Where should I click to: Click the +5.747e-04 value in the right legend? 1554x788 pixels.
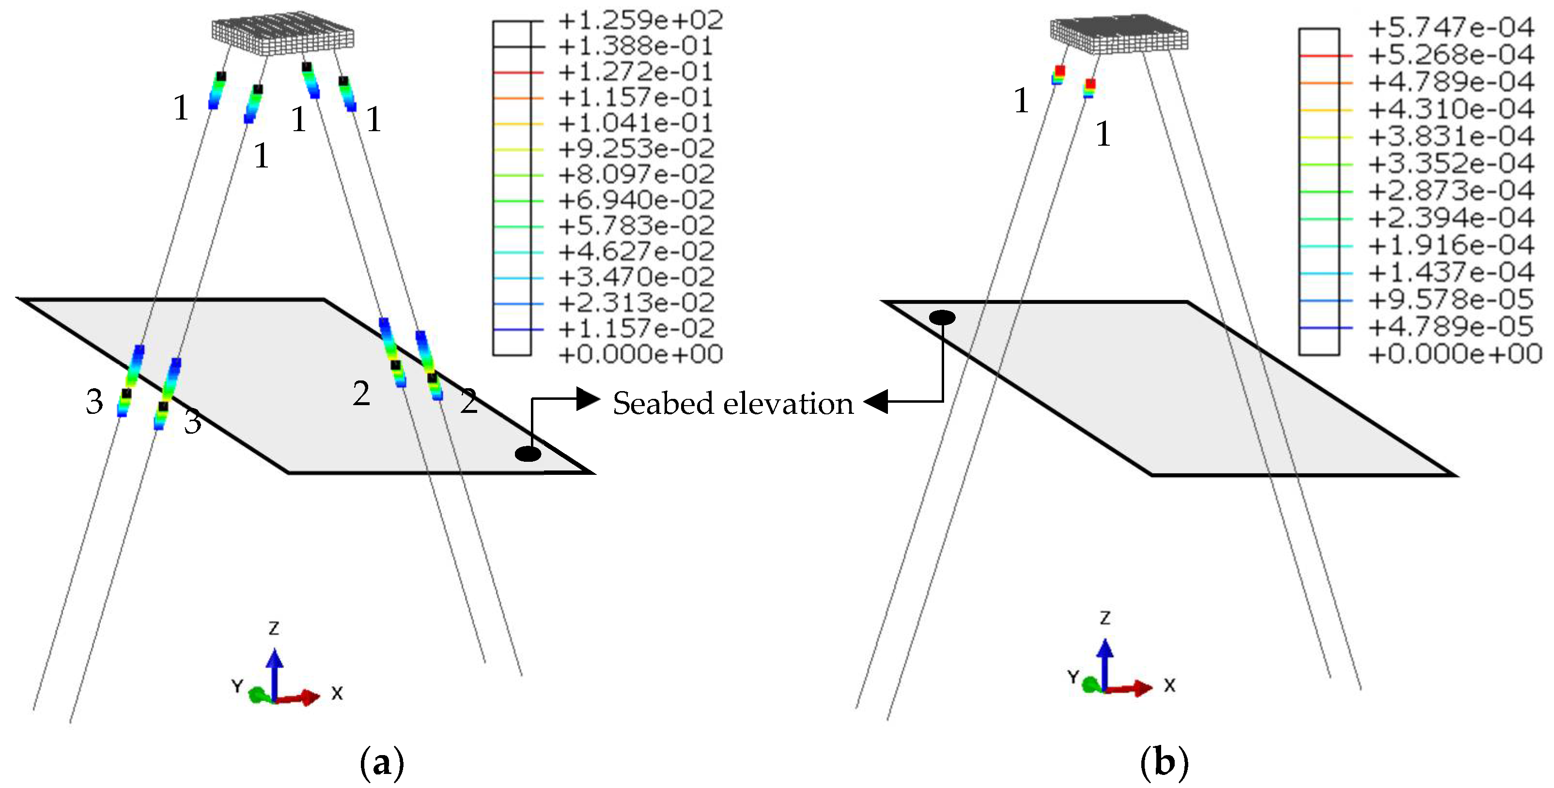[x=1450, y=28]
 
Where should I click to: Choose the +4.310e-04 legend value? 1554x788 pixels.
[x=1450, y=109]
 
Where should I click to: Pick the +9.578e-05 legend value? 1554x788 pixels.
[x=1450, y=300]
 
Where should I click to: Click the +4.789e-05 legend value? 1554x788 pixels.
[x=1450, y=327]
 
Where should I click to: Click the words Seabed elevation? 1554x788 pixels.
[x=733, y=403]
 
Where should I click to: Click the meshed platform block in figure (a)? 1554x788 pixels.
[x=282, y=34]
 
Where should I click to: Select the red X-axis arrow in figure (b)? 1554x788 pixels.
[x=1131, y=688]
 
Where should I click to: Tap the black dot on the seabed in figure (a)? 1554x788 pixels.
[x=528, y=454]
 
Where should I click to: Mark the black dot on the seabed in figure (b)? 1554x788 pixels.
[x=942, y=317]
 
